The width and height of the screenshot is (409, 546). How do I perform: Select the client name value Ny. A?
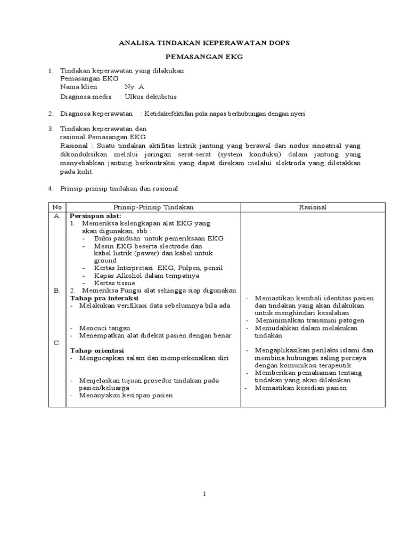(134, 86)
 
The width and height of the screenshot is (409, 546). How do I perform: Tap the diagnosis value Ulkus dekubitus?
(150, 97)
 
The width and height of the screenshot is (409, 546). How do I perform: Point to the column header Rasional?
(313, 207)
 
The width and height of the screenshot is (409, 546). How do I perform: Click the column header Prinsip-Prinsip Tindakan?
(153, 207)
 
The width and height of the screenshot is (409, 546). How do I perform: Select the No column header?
(56, 207)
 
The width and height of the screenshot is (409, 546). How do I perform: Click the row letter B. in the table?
(56, 291)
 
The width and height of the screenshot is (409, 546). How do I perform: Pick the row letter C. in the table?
(56, 343)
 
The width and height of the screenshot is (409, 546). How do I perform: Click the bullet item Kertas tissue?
(115, 283)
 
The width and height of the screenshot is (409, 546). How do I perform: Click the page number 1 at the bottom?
(204, 494)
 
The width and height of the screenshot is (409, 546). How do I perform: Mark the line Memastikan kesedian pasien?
(300, 388)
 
